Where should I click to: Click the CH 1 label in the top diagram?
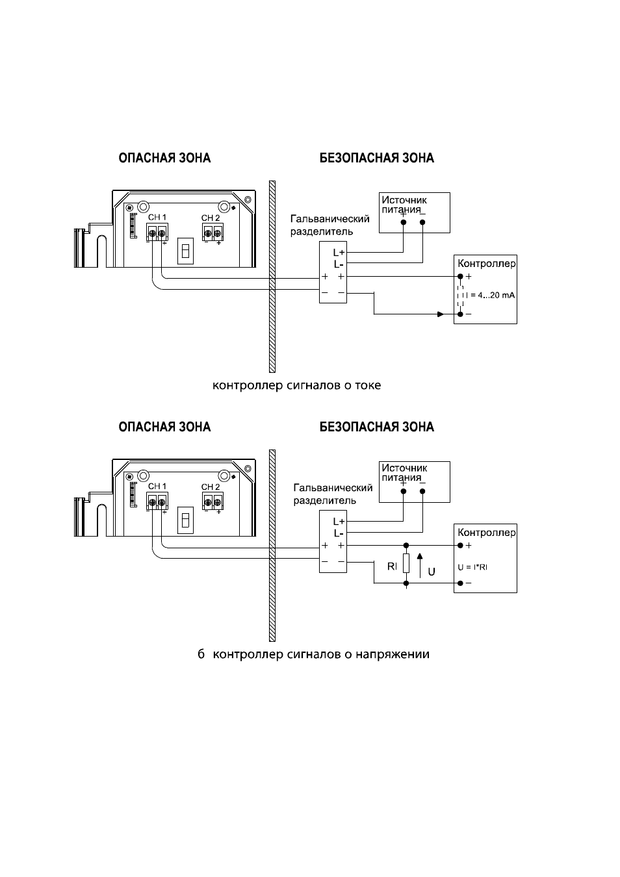(157, 217)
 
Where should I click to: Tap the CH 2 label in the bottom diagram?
(211, 487)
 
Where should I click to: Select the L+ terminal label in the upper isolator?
(339, 253)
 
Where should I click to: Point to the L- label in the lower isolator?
(339, 533)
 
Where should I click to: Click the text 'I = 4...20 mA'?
(491, 295)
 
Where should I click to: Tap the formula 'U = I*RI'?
(472, 567)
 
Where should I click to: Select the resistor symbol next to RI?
(406, 564)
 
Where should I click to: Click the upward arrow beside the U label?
(420, 565)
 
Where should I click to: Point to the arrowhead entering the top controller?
(441, 314)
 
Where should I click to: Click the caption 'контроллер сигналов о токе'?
(296, 385)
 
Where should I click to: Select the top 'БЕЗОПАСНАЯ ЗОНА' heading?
(377, 158)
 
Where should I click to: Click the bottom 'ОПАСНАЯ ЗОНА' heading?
(164, 427)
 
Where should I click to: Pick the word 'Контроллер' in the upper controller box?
(487, 264)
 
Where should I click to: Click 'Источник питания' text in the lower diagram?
(404, 472)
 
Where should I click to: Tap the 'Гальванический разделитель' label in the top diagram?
(329, 225)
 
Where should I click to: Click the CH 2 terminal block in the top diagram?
(213, 232)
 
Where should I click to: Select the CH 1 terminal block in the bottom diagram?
(157, 501)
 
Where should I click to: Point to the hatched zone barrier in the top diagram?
(272, 276)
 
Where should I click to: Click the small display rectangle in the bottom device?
(185, 520)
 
